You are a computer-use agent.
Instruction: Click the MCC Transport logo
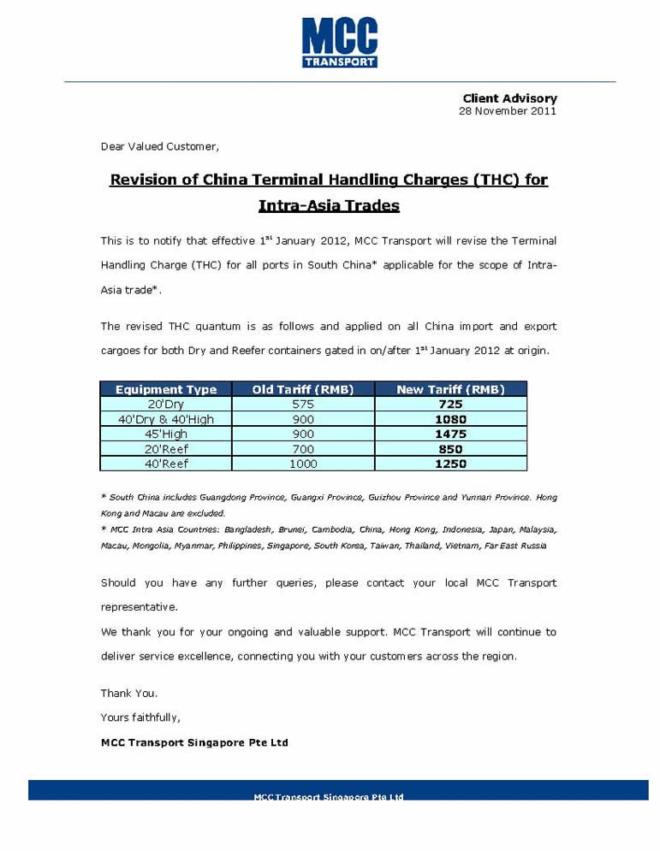[x=339, y=42]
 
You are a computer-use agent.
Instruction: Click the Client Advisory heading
[x=509, y=98]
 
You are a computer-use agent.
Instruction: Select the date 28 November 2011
[x=508, y=110]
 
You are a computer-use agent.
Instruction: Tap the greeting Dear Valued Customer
[x=159, y=146]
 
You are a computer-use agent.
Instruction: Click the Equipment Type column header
[x=166, y=389]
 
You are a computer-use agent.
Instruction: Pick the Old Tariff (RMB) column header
[x=303, y=389]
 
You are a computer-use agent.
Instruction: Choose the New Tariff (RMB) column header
[x=450, y=389]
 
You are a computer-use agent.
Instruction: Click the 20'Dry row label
[x=166, y=404]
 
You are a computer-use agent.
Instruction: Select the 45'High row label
[x=166, y=434]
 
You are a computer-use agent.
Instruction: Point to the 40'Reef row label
[x=166, y=464]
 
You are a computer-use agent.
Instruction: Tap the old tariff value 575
[x=303, y=404]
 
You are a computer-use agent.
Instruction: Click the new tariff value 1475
[x=450, y=434]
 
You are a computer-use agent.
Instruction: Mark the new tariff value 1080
[x=450, y=419]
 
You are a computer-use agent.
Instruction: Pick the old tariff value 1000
[x=303, y=464]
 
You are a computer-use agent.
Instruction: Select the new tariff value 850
[x=450, y=449]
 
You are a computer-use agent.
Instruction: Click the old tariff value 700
[x=303, y=449]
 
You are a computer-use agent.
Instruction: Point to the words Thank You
[x=129, y=693]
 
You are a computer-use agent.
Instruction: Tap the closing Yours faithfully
[x=140, y=717]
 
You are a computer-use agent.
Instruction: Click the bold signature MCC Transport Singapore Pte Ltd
[x=194, y=742]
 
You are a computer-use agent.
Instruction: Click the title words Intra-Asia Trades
[x=329, y=206]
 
